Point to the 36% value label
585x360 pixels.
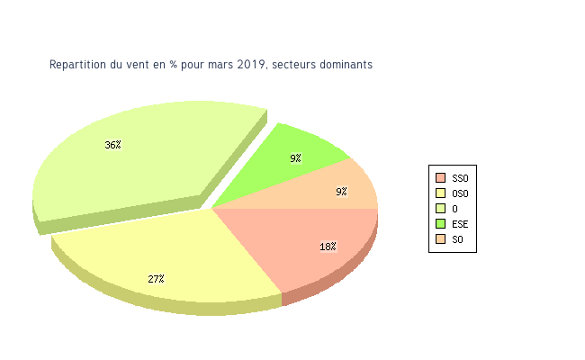[112, 145]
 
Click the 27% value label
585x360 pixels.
[156, 279]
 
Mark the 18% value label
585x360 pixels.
[328, 247]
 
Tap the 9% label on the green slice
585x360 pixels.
[295, 158]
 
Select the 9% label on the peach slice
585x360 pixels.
[341, 192]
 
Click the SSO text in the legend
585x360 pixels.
[460, 177]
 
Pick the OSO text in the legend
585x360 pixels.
[460, 193]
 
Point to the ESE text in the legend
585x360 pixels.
[460, 223]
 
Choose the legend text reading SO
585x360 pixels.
[457, 238]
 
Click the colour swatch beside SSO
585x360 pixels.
[440, 177]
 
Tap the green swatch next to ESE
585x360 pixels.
[440, 223]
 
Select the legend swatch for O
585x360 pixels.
[440, 208]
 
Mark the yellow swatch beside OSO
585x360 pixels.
[440, 193]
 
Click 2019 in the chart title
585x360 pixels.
[252, 65]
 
